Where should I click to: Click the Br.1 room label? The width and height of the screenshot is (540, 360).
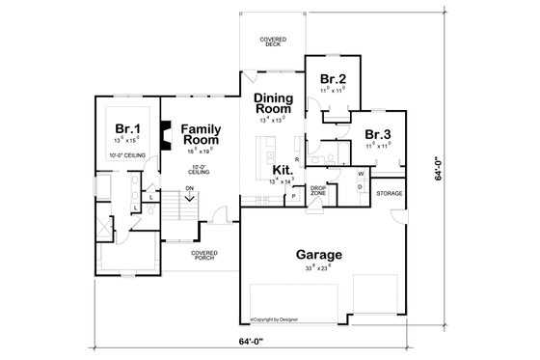[x=125, y=128]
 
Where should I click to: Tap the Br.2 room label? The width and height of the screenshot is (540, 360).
[x=332, y=78]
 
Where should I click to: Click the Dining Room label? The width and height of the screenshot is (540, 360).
[x=275, y=104]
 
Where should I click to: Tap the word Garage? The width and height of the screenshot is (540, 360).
[x=313, y=255]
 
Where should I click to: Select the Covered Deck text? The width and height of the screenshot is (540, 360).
[x=273, y=42]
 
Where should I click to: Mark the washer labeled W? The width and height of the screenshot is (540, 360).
[x=360, y=174]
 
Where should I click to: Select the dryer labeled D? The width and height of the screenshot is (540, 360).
[x=360, y=187]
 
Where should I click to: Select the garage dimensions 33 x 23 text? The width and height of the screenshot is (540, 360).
[x=312, y=267]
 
